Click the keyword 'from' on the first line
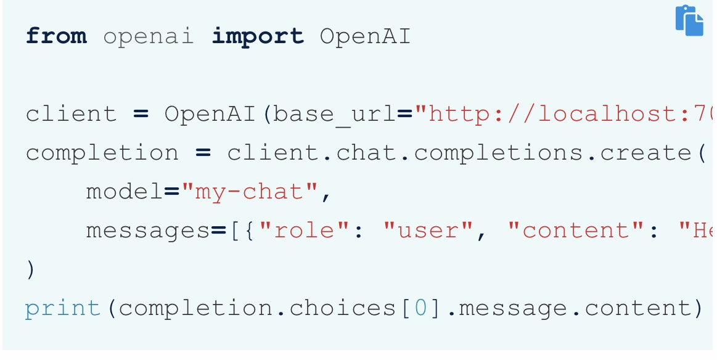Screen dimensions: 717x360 [56, 36]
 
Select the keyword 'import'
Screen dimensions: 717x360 [258, 36]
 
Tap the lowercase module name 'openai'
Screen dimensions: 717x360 [149, 36]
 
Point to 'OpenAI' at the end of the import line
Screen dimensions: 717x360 [365, 36]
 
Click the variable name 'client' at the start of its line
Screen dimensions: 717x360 [71, 114]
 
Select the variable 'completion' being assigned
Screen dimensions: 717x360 [102, 153]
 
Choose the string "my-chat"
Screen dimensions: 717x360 [250, 192]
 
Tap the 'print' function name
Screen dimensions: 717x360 [63, 308]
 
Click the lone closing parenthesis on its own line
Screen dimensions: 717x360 [30, 270]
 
